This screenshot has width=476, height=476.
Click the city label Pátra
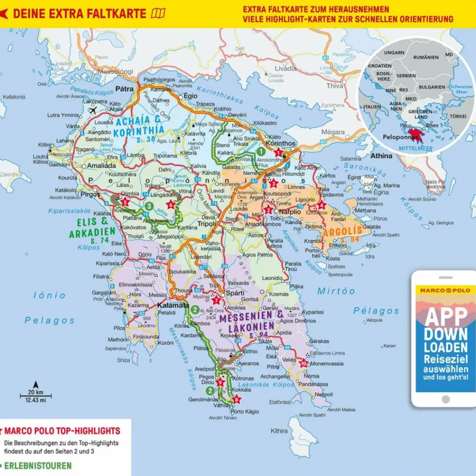[125, 88]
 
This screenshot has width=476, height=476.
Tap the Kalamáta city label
[173, 305]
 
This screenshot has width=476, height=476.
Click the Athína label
[381, 156]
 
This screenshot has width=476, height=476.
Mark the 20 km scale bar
[35, 396]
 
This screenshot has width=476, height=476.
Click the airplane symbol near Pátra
[92, 111]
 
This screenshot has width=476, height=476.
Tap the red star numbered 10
[304, 363]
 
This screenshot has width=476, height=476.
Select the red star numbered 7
[216, 300]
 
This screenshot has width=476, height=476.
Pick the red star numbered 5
[125, 202]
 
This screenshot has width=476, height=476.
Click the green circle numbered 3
[148, 206]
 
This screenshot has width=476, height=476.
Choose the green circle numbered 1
[261, 151]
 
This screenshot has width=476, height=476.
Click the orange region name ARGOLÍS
[342, 232]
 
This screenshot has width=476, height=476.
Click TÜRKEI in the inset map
[458, 116]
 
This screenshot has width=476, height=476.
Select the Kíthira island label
[279, 430]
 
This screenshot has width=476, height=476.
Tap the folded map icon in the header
[158, 13]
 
